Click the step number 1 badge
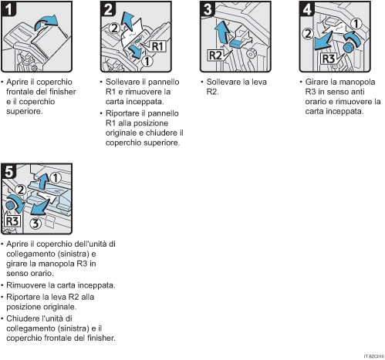(10, 11)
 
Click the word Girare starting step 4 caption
(317, 82)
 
